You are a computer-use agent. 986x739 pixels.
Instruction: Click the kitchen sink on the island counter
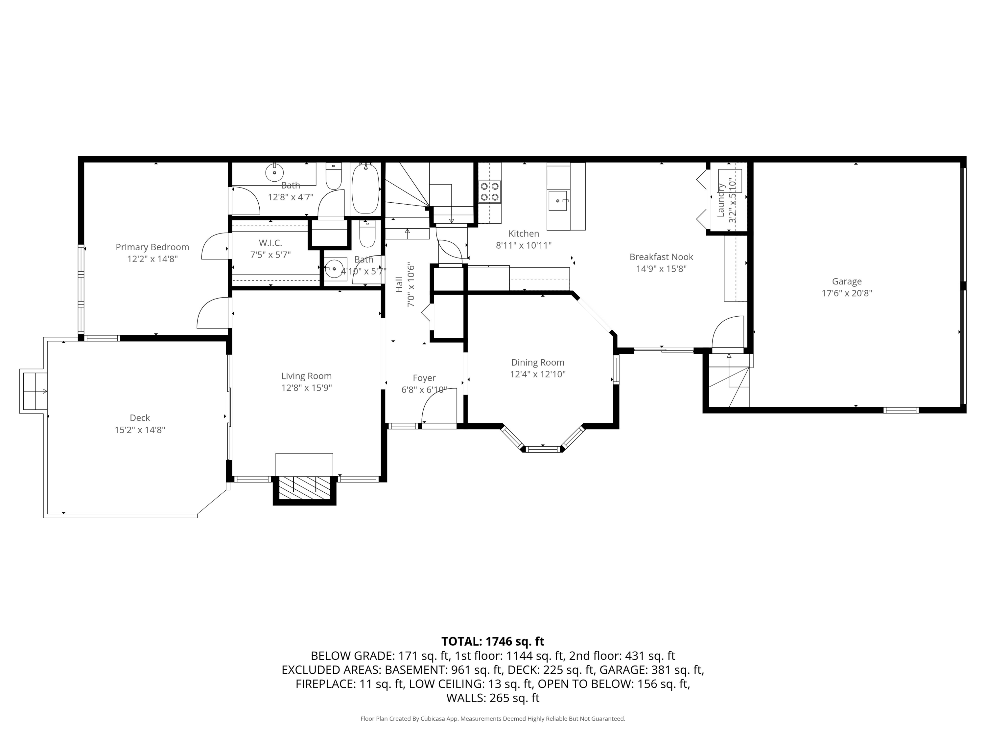pyautogui.click(x=558, y=201)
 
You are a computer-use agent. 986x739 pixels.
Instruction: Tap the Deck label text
pyautogui.click(x=140, y=418)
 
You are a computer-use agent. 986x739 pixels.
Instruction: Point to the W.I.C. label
pyautogui.click(x=270, y=243)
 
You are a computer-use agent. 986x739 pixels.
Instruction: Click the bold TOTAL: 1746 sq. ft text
pyautogui.click(x=493, y=641)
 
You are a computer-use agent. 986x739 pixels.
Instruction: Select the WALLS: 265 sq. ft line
pyautogui.click(x=493, y=698)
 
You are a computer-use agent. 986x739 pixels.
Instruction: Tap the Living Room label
pyautogui.click(x=306, y=376)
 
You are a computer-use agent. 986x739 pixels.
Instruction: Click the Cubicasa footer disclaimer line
pyautogui.click(x=493, y=719)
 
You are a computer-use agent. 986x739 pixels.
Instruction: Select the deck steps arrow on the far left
pyautogui.click(x=44, y=392)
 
